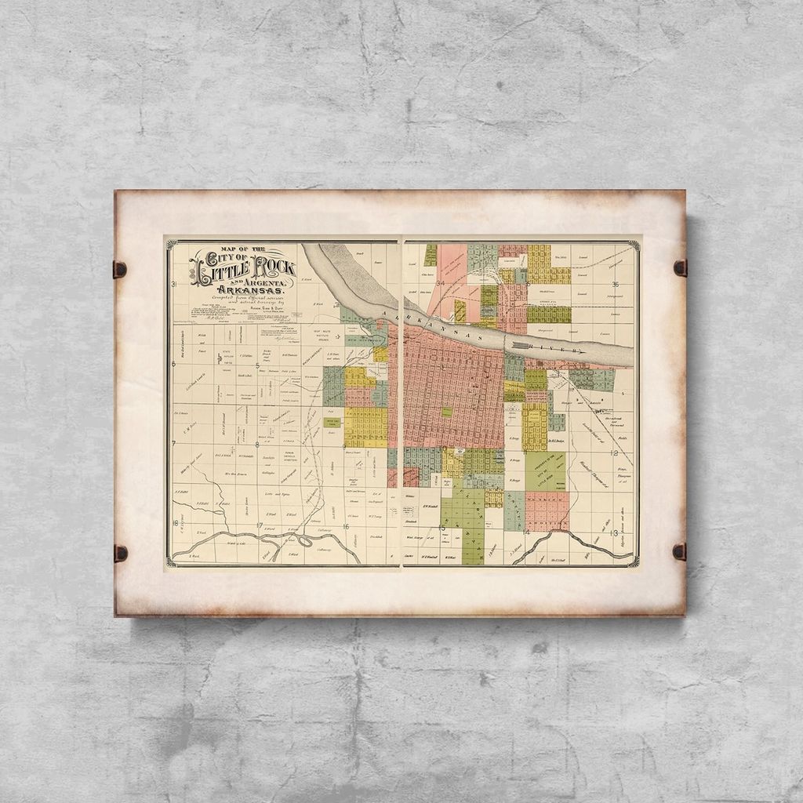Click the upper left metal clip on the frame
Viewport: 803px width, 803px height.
(x=120, y=269)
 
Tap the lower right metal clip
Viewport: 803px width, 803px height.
(x=680, y=551)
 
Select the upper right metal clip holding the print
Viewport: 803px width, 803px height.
(x=680, y=267)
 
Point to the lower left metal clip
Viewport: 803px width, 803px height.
(x=120, y=553)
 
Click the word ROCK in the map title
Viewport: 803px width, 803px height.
(x=270, y=267)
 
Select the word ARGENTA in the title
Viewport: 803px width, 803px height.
(x=266, y=282)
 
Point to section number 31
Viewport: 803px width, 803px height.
(x=174, y=285)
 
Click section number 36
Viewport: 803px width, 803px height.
(x=616, y=284)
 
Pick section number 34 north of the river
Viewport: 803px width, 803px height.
(x=441, y=283)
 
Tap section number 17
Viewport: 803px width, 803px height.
(x=259, y=525)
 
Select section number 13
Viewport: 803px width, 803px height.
(x=613, y=532)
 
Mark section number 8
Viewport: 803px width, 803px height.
(x=257, y=445)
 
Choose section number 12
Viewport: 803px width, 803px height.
(x=615, y=452)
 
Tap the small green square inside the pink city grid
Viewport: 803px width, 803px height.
(x=446, y=411)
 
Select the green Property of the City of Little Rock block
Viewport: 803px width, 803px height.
(x=545, y=471)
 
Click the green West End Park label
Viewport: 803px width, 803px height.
(x=332, y=422)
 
